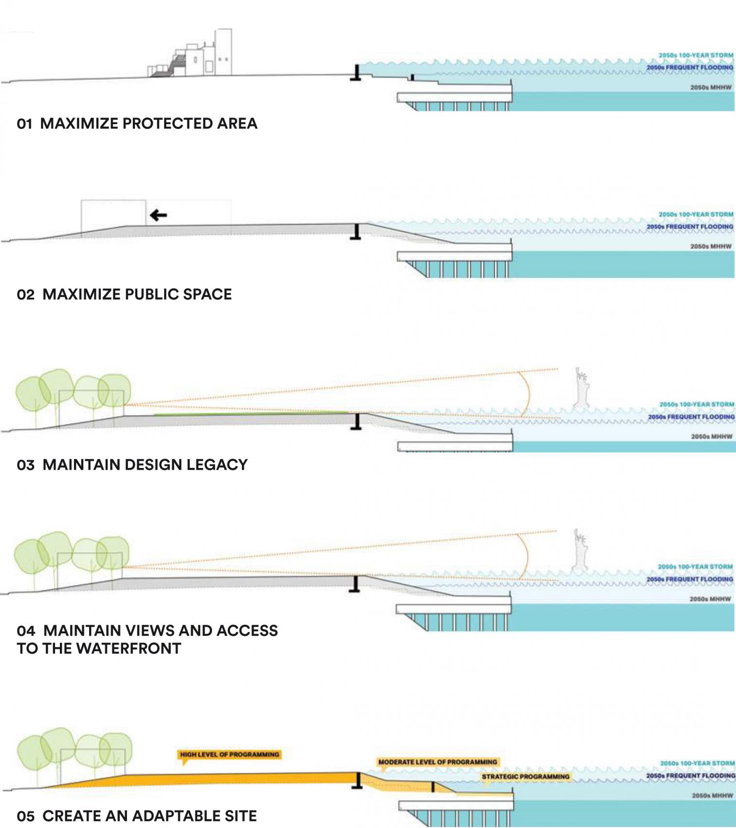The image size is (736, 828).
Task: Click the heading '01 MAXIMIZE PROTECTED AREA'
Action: (137, 124)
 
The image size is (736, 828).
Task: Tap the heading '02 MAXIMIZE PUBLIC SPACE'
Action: (124, 294)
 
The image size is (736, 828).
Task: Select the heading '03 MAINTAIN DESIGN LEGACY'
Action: (132, 465)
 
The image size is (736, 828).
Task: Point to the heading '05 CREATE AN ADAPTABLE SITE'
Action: (137, 816)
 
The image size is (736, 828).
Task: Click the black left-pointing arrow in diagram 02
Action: (158, 215)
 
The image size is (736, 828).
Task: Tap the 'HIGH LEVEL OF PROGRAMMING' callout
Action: (229, 755)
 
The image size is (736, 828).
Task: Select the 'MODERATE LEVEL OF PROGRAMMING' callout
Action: (438, 762)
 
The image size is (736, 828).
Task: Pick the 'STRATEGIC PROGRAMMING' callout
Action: (525, 776)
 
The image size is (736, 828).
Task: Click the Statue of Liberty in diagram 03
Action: (581, 388)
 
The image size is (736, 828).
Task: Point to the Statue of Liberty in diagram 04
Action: (580, 550)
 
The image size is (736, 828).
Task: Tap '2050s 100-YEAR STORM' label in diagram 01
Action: (696, 55)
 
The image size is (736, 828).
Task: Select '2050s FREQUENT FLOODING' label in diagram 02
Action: (690, 227)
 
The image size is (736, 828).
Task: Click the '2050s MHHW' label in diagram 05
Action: (712, 795)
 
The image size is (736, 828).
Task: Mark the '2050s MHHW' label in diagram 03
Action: (711, 436)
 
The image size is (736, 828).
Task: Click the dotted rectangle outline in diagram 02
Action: (113, 212)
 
